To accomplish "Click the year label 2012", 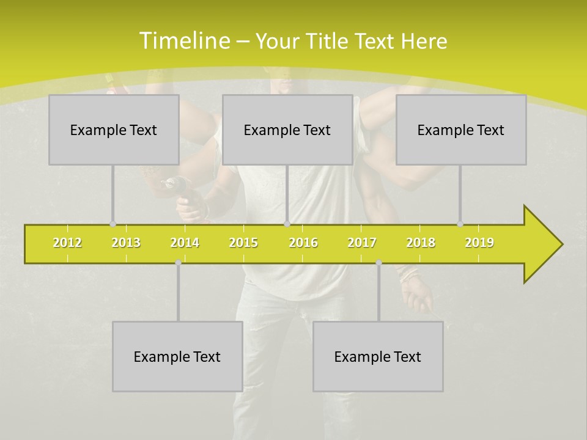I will (67, 243).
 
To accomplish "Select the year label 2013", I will (126, 243).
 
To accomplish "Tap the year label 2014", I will (185, 243).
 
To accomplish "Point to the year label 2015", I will (243, 243).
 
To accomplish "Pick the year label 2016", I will (303, 243).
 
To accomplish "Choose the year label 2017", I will (362, 243).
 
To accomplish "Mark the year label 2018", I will (421, 243).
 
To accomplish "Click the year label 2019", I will (479, 243).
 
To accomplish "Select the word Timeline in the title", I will (183, 41).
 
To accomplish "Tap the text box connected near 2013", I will (114, 130).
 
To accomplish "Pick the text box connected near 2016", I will (287, 130).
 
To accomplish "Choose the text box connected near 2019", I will (461, 130).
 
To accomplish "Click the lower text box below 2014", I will (177, 356).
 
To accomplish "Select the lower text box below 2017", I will (378, 356).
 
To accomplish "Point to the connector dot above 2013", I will (113, 224).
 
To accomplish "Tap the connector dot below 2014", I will (178, 262).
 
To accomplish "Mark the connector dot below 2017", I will (378, 262).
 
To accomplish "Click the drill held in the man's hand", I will (177, 186).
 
